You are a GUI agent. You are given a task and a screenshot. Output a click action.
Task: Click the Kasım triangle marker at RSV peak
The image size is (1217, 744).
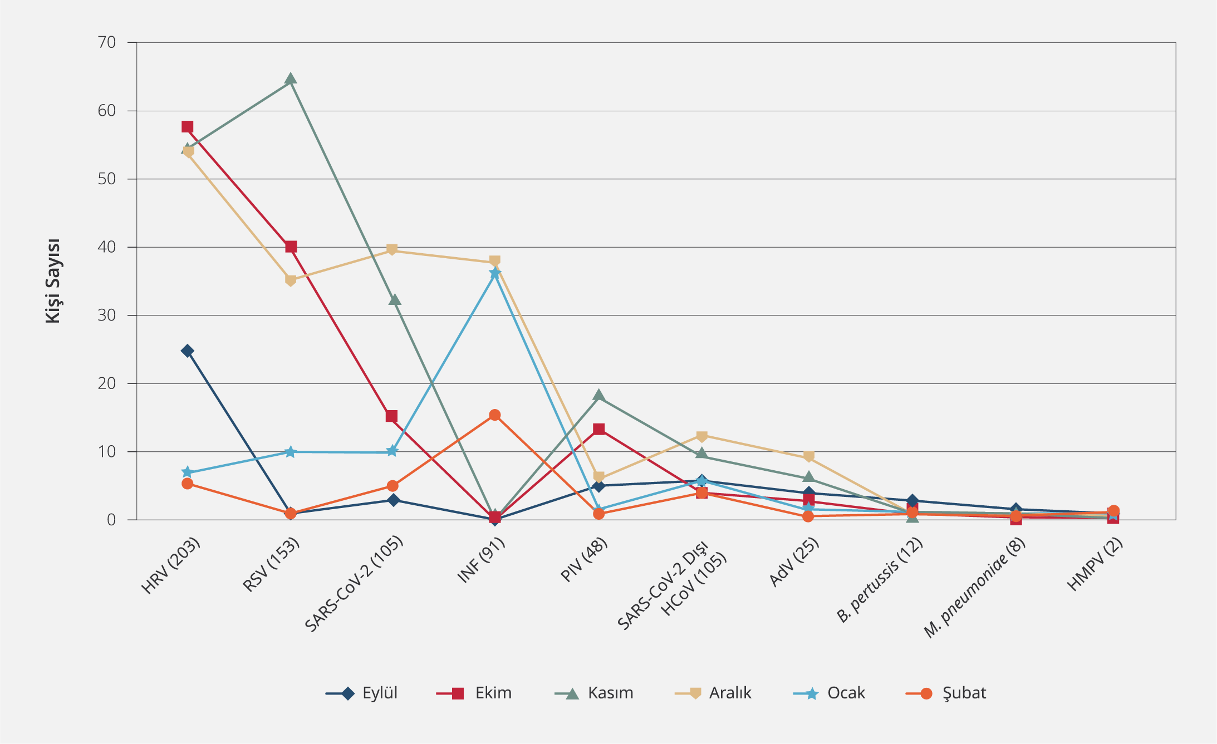click(290, 78)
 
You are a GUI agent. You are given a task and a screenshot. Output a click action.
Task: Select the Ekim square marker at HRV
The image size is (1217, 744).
click(187, 127)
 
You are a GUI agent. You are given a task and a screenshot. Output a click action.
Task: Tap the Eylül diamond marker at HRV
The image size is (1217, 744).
click(187, 351)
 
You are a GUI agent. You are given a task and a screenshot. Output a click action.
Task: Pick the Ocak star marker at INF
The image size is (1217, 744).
click(494, 273)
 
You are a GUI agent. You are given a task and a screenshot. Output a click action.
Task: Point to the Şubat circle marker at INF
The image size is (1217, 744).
click(494, 415)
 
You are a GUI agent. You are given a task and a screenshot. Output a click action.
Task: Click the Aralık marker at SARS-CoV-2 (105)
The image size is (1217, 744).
click(392, 249)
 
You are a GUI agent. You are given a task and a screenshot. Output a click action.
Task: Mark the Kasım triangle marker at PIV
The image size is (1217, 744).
click(598, 396)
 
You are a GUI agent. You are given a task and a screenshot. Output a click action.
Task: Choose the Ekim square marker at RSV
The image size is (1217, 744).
click(291, 247)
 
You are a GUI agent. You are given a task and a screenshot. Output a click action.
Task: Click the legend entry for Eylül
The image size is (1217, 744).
click(362, 693)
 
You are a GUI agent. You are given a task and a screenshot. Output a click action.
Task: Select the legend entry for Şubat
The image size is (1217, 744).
click(946, 693)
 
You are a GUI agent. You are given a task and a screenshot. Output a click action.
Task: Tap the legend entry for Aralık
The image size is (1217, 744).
click(713, 693)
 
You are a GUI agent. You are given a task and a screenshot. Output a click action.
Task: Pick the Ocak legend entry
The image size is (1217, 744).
click(830, 693)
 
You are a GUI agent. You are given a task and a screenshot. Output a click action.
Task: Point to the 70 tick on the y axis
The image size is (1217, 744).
click(106, 42)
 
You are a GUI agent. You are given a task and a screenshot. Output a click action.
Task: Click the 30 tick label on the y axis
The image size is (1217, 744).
click(106, 316)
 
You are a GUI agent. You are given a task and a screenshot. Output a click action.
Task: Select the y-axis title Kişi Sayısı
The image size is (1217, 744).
click(53, 281)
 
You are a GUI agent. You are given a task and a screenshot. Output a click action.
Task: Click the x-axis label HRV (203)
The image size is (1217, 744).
click(170, 566)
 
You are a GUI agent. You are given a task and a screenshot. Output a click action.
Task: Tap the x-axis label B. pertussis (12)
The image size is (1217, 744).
click(880, 580)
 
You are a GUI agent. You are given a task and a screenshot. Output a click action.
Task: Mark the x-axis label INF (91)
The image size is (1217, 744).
click(481, 560)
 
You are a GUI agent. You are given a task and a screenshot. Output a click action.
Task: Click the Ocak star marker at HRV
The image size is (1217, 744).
click(187, 472)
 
